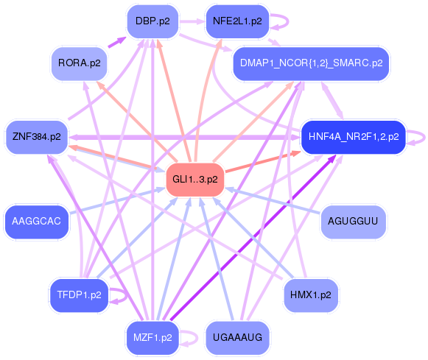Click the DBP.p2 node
(x=152, y=21)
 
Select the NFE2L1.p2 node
(x=236, y=21)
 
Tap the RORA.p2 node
(x=79, y=63)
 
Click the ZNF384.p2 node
(x=36, y=137)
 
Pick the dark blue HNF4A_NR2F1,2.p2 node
(x=354, y=137)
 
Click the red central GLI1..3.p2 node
(x=195, y=180)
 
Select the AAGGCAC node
(x=36, y=221)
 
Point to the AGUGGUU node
(x=352, y=221)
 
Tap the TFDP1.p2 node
(x=79, y=295)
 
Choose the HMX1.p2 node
(x=310, y=295)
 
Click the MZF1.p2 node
(x=152, y=338)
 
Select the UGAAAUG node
(x=236, y=338)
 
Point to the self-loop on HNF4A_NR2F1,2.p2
(x=419, y=137)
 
